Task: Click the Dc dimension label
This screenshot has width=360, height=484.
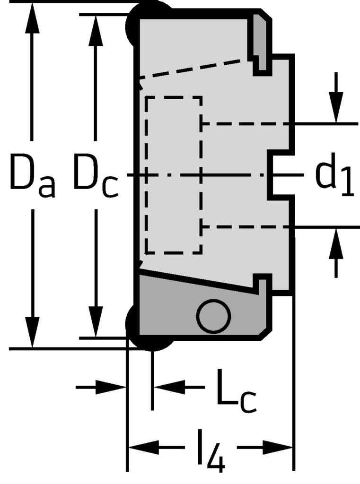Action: pos(95,176)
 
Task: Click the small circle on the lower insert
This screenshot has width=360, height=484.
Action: pos(213,316)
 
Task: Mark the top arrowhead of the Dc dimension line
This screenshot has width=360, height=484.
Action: pos(97,28)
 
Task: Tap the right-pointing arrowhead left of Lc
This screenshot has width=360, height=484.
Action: pos(111,387)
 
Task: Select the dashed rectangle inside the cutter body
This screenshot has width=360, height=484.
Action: pos(174,175)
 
